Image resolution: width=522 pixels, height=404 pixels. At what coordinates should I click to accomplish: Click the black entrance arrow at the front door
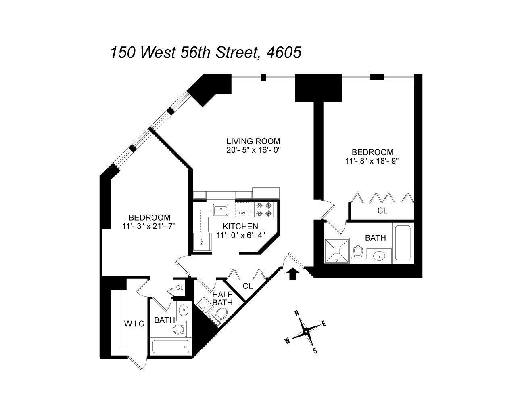[293, 274]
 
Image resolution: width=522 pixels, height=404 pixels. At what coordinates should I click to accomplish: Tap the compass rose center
[306, 332]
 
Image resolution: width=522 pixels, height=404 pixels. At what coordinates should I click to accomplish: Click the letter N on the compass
[296, 313]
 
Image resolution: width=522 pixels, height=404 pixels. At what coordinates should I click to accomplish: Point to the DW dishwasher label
[242, 213]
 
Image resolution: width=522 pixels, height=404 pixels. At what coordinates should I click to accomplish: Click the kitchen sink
[220, 209]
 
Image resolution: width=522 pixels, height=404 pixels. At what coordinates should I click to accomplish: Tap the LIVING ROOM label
[253, 141]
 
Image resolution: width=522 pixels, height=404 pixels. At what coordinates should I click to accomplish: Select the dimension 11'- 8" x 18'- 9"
[372, 160]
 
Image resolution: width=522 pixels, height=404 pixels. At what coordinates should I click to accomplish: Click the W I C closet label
[134, 324]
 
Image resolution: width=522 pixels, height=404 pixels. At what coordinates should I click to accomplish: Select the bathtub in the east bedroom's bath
[403, 242]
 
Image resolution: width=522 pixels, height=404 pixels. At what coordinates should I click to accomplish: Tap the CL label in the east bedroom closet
[382, 210]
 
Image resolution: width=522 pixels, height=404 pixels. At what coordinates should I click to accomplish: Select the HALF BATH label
[222, 298]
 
